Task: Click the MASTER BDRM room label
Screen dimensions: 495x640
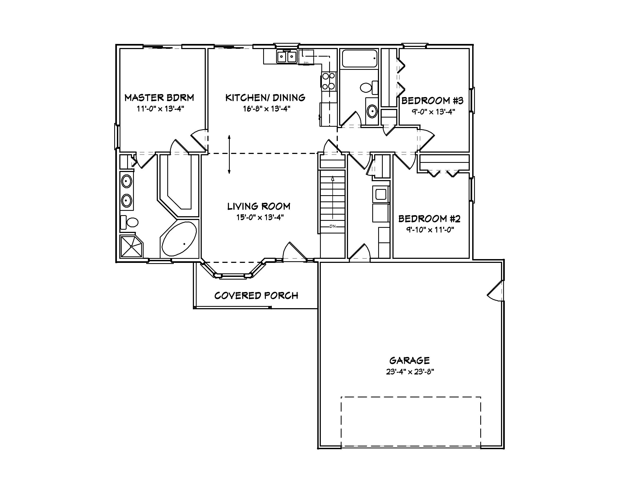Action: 159,98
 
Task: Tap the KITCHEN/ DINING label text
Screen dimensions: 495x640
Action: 265,98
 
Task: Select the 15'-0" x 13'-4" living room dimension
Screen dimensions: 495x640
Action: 260,217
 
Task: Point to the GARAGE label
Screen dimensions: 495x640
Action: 409,360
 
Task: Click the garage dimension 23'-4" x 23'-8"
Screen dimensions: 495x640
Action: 410,372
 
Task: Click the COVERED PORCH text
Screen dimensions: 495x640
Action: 256,295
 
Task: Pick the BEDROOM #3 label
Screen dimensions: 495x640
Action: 432,101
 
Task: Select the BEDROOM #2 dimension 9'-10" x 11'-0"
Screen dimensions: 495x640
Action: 430,230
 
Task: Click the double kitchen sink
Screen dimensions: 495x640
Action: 286,57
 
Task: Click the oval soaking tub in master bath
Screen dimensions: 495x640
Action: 179,239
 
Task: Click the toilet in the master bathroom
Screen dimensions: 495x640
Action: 130,222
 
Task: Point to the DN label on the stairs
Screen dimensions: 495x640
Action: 332,226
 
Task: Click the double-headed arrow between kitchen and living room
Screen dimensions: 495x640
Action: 229,154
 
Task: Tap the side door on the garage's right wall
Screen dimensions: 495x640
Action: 496,290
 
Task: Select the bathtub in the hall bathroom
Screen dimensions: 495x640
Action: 360,59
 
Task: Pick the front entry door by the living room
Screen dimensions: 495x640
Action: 294,252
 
